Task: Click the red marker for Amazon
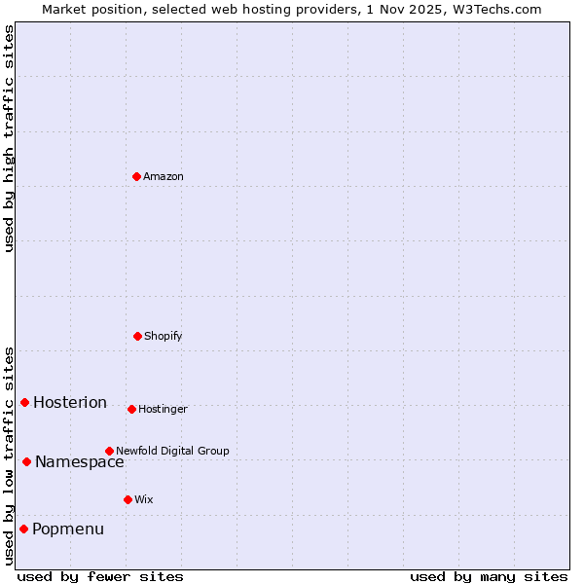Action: tap(136, 176)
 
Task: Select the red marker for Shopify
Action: tap(137, 336)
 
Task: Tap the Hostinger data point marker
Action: tap(131, 409)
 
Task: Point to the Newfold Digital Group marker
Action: tap(109, 451)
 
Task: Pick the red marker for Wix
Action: tap(128, 499)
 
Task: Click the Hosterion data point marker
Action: tap(24, 402)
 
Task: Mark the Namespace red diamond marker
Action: tap(26, 461)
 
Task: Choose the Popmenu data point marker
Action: tap(23, 529)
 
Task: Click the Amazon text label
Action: tap(164, 176)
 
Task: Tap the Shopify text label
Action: tap(164, 336)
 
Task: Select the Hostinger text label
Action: tap(163, 409)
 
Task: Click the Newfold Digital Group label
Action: tap(172, 451)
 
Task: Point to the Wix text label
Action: tap(144, 499)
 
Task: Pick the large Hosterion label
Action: tap(70, 403)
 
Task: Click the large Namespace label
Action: tap(80, 462)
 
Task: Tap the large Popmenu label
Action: tap(68, 529)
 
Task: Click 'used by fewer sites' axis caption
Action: tap(100, 576)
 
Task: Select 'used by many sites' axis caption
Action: tap(489, 576)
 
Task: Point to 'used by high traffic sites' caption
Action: tap(9, 138)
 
